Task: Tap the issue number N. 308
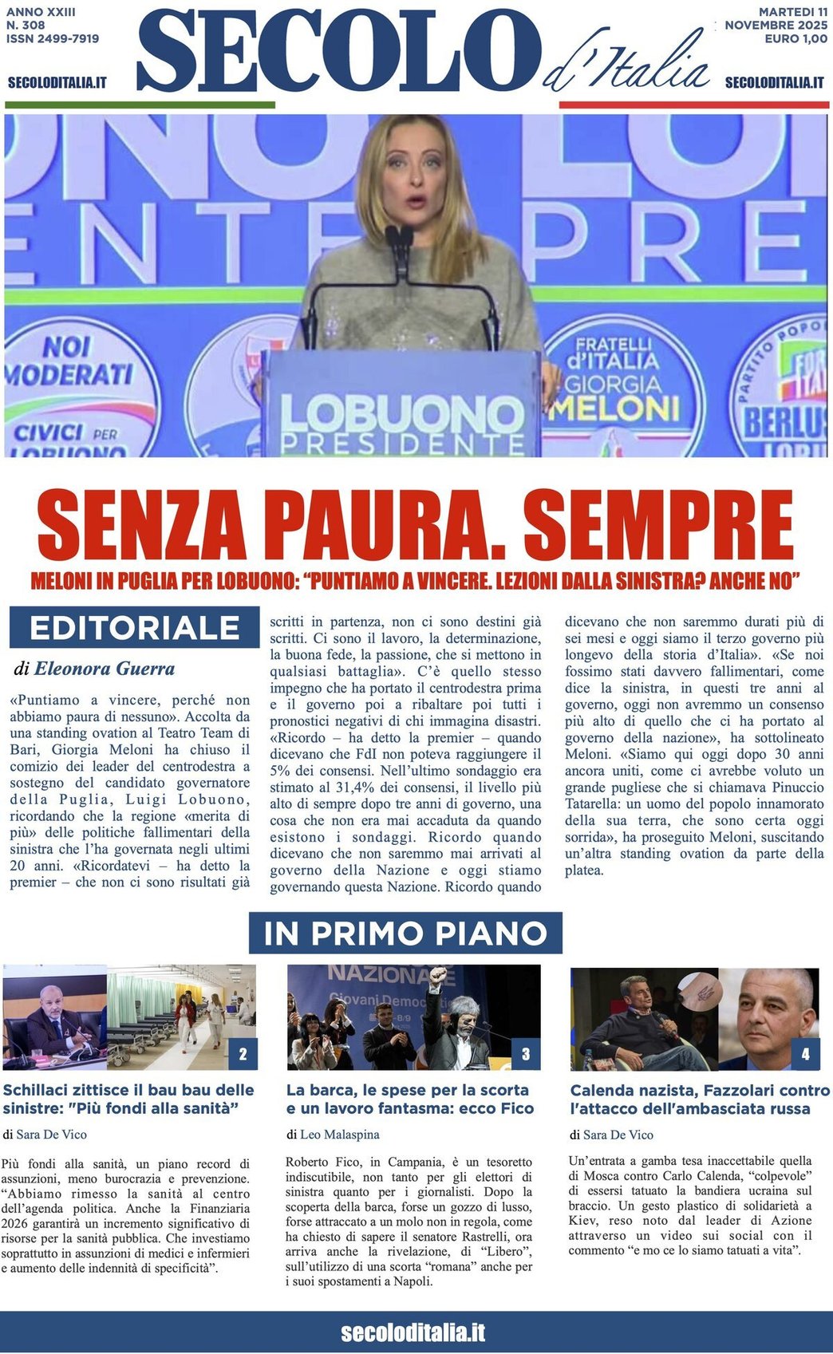point(26,26)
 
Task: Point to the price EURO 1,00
point(795,39)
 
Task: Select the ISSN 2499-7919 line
point(53,38)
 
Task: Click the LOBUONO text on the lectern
point(401,416)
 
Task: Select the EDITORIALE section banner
point(134,628)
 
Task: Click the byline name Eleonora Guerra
point(105,669)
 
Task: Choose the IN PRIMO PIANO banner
point(405,933)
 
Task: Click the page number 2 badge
point(243,1054)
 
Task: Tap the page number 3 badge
point(526,1054)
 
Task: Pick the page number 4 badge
point(805,1054)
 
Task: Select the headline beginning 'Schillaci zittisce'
point(128,1099)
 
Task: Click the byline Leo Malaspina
point(340,1134)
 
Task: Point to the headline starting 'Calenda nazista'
point(700,1099)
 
